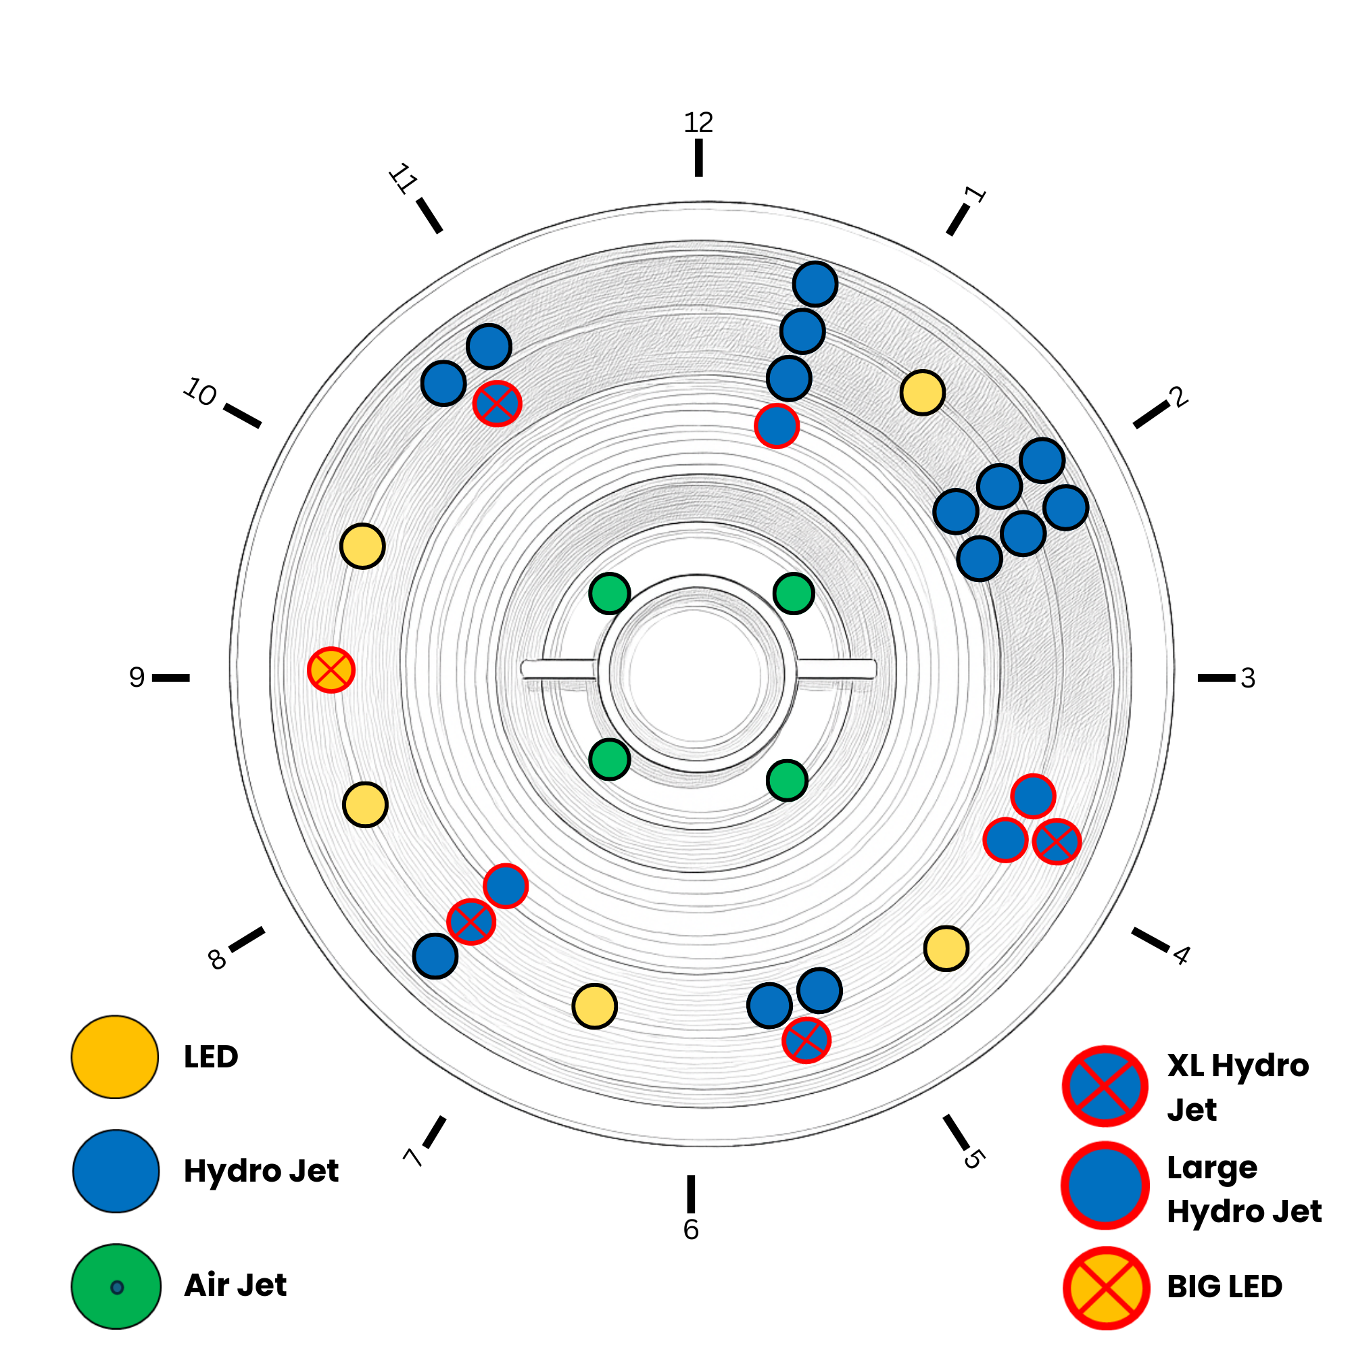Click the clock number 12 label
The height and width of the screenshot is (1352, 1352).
698,123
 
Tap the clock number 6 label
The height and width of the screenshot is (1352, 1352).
691,1230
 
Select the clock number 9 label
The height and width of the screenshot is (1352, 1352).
137,677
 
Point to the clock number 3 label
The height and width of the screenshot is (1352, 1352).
1248,678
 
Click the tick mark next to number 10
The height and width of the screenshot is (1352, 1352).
242,415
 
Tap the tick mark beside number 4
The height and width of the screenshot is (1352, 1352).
1151,940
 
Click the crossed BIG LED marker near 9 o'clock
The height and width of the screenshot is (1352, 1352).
331,670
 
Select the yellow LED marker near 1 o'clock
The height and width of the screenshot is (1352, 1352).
922,393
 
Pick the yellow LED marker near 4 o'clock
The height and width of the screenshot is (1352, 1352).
946,948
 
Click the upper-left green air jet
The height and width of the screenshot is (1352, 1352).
610,594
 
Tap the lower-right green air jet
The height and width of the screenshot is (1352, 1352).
788,780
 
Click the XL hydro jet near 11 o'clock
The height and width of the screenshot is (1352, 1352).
497,403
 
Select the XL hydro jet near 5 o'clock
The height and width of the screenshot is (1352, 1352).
806,1040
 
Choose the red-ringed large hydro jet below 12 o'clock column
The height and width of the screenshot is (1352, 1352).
777,425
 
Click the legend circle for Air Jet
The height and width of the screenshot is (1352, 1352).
116,1286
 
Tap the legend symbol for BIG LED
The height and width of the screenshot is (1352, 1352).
1107,1287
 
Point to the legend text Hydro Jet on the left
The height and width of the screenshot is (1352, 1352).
261,1171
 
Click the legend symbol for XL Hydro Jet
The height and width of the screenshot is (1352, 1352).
1105,1086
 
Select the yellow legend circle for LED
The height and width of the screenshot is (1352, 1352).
115,1057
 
